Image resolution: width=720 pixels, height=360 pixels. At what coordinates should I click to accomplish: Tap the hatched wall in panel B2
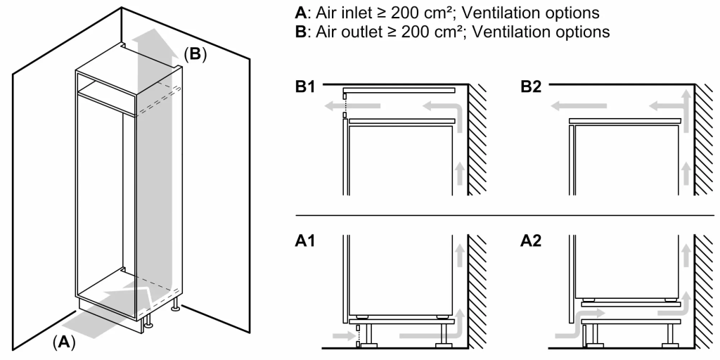703,141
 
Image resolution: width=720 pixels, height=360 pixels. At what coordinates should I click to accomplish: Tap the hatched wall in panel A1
478,288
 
